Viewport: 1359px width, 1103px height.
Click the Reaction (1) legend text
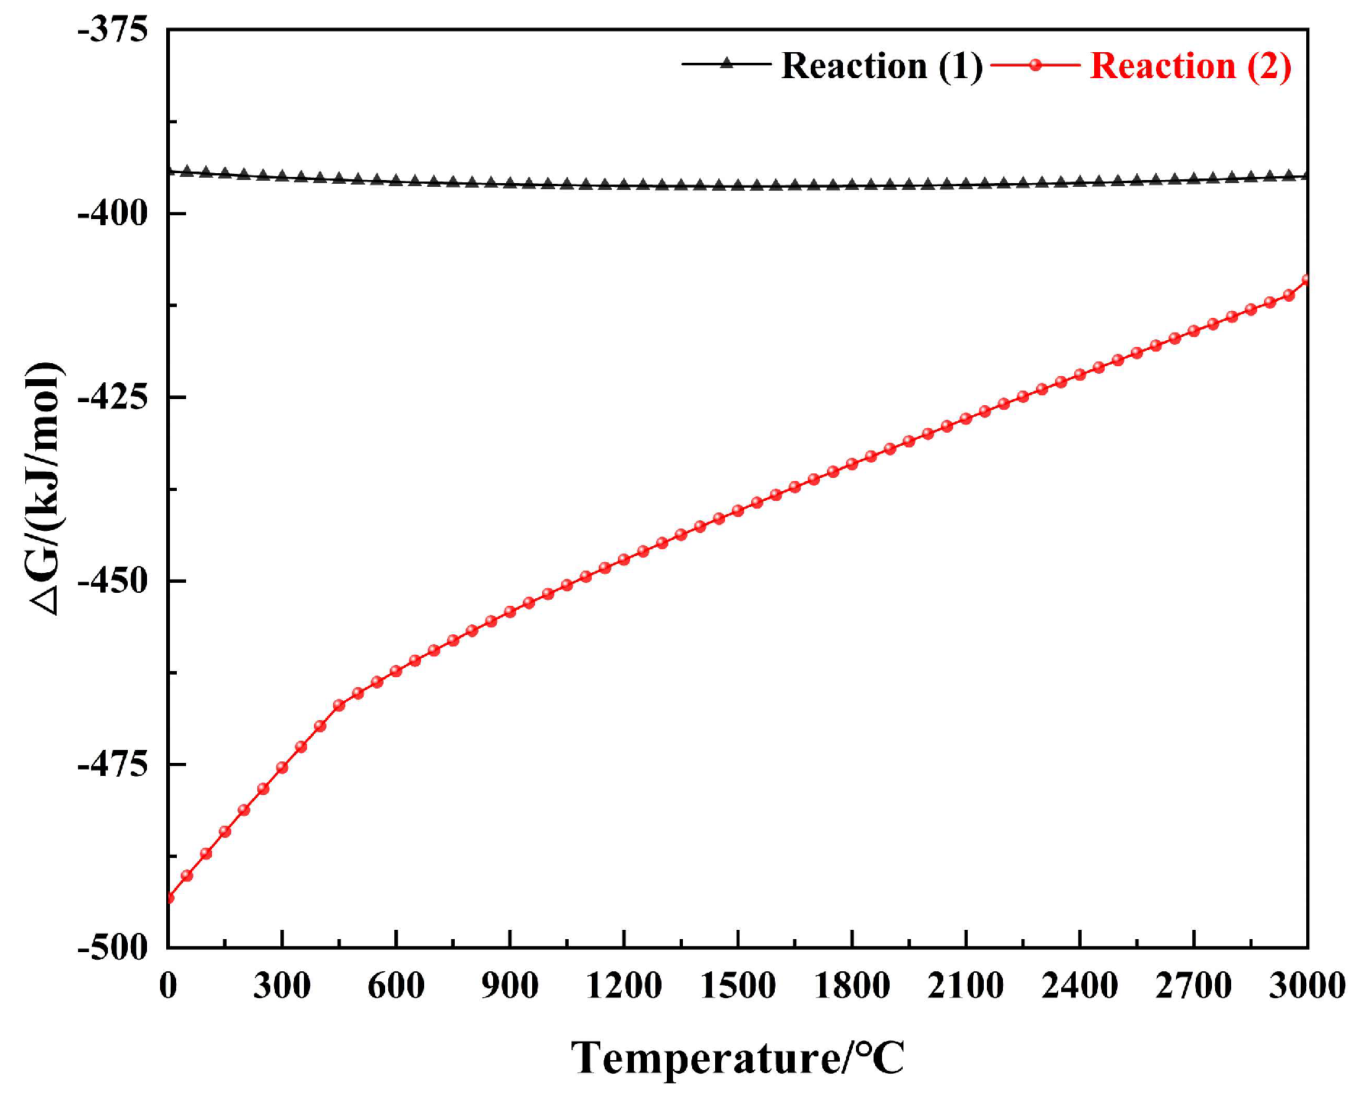(x=881, y=66)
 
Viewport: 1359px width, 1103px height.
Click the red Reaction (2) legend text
(x=1191, y=66)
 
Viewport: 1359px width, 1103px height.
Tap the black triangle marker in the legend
(x=727, y=64)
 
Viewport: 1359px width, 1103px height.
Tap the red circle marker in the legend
(x=1035, y=65)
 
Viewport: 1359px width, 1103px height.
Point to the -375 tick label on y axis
(x=113, y=31)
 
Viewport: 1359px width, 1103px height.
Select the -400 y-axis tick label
(x=113, y=214)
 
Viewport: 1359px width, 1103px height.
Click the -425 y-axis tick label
(x=113, y=398)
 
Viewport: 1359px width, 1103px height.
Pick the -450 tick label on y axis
(x=113, y=581)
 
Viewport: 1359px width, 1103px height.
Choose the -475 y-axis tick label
(x=113, y=764)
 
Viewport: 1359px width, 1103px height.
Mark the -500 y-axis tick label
(x=113, y=948)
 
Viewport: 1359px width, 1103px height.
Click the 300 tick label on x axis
(x=282, y=986)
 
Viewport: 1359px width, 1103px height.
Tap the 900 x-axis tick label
(x=510, y=986)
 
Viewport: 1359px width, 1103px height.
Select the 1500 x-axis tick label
(x=737, y=986)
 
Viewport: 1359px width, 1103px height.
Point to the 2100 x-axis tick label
(x=965, y=986)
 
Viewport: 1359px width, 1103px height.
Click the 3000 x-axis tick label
(x=1306, y=986)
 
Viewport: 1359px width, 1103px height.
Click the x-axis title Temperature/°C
(x=737, y=1059)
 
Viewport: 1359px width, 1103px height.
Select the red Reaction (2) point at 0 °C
(x=168, y=898)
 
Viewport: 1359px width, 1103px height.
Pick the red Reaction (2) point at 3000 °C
(x=1306, y=280)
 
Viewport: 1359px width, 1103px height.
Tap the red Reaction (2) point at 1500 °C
(x=738, y=511)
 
